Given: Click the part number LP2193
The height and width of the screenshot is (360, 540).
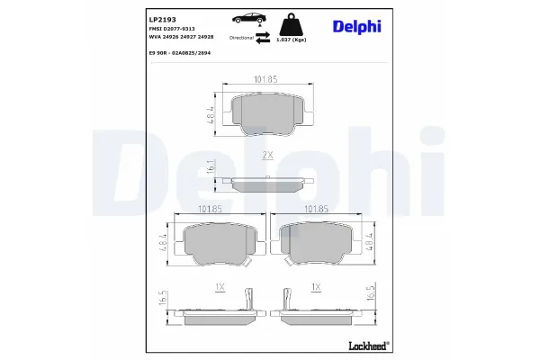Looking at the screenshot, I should pos(161,19).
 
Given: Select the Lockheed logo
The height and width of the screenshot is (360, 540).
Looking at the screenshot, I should pos(367,345).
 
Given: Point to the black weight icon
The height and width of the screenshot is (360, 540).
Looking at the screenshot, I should pos(293,23).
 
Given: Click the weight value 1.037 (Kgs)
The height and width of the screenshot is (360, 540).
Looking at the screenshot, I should pos(293,40).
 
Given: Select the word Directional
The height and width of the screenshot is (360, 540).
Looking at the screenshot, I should pos(242,39).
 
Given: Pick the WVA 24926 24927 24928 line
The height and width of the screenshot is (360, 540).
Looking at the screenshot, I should pos(183,38).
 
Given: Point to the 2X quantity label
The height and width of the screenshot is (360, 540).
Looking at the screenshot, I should pos(267,155).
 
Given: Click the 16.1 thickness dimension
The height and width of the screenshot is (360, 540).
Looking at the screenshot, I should pos(210,167).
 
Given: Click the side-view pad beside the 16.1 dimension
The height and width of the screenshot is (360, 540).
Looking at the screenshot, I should pos(268,183).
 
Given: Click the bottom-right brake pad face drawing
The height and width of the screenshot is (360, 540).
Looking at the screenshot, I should pos(316,242).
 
